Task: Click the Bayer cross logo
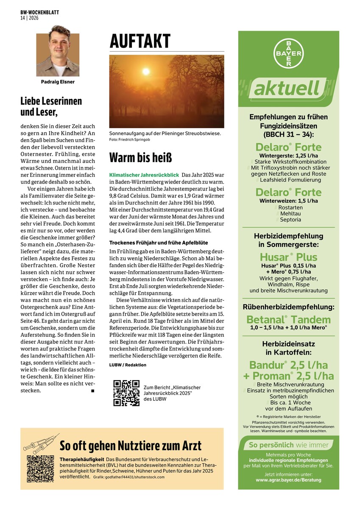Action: tap(288, 53)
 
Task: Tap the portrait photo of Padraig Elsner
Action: tap(58, 51)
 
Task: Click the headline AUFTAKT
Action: tap(140, 42)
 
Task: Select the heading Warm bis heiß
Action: tap(140, 157)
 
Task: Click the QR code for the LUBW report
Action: tap(126, 393)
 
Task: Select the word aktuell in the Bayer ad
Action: tap(286, 89)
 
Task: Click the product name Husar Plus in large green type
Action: tap(288, 257)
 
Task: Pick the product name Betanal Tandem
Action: tap(288, 319)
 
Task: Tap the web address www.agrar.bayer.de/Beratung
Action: tap(288, 480)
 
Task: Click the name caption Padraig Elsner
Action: tap(58, 82)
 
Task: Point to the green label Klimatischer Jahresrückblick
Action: tap(144, 175)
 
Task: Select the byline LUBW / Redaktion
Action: tap(128, 365)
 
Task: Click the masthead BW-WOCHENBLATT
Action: tap(39, 13)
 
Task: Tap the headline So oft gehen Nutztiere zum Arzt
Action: tap(131, 446)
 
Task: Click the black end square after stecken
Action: tap(92, 391)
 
